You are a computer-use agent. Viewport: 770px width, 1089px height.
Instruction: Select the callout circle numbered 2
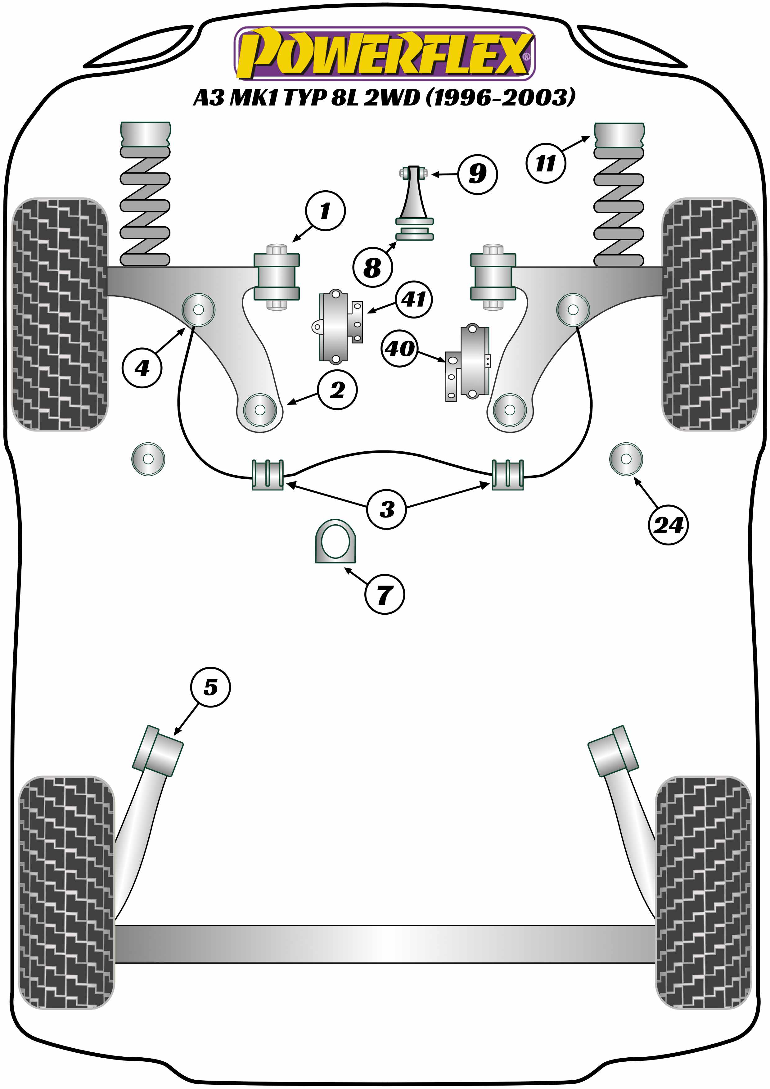pos(337,390)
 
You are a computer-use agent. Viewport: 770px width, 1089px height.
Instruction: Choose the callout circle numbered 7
pos(385,594)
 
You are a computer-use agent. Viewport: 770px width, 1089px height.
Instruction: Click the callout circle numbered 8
pos(372,268)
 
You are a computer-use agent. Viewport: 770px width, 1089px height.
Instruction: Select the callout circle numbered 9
pos(477,174)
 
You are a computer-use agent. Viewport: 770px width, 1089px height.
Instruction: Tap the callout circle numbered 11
pos(545,164)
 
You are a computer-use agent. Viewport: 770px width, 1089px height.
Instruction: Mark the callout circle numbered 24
pos(668,525)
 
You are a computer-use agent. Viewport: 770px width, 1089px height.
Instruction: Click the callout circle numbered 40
pos(400,349)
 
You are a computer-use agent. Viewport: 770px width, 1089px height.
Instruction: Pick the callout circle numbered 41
pos(413,299)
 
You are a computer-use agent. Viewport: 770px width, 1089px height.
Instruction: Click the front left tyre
pos(60,314)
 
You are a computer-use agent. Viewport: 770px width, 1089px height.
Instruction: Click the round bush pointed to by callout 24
pos(626,459)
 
